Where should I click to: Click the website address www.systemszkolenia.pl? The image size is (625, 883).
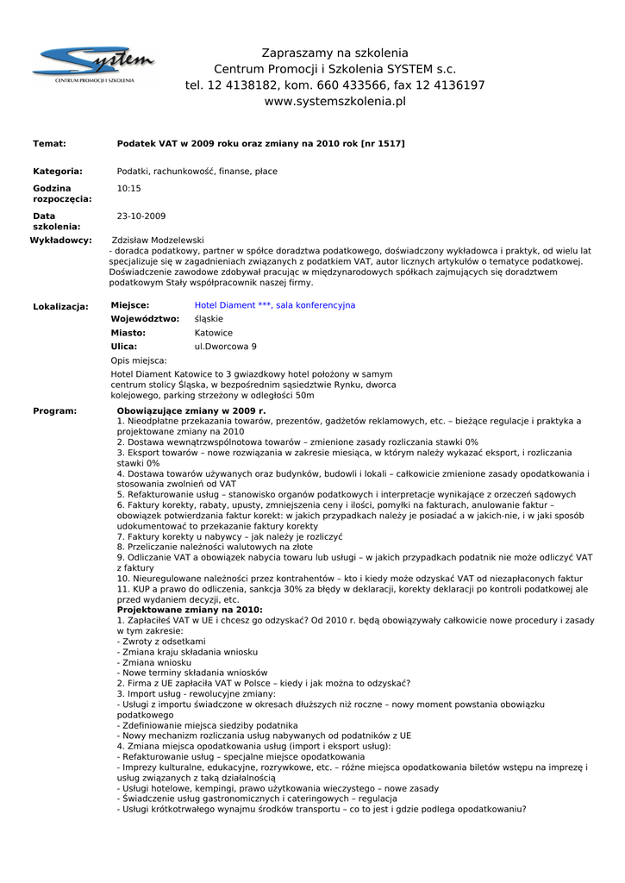[x=334, y=102]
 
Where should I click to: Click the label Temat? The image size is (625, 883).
[x=49, y=143]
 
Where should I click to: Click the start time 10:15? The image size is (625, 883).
[x=128, y=188]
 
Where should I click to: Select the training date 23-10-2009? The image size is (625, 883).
[x=141, y=216]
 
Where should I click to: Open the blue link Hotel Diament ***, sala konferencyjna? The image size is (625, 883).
[x=274, y=305]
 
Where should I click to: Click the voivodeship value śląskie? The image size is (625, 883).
[x=209, y=319]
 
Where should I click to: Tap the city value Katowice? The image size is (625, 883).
[x=214, y=333]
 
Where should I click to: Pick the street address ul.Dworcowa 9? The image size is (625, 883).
[x=225, y=347]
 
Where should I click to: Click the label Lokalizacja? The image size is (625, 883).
[x=60, y=306]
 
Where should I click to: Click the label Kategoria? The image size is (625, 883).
[x=58, y=172]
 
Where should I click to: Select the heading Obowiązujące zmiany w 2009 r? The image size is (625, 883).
[x=191, y=411]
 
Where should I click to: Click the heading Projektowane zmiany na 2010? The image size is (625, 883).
[x=190, y=610]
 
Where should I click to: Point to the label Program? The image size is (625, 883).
[x=54, y=411]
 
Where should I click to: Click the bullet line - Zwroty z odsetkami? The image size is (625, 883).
[x=161, y=642]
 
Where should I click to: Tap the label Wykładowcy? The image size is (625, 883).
[x=60, y=240]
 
